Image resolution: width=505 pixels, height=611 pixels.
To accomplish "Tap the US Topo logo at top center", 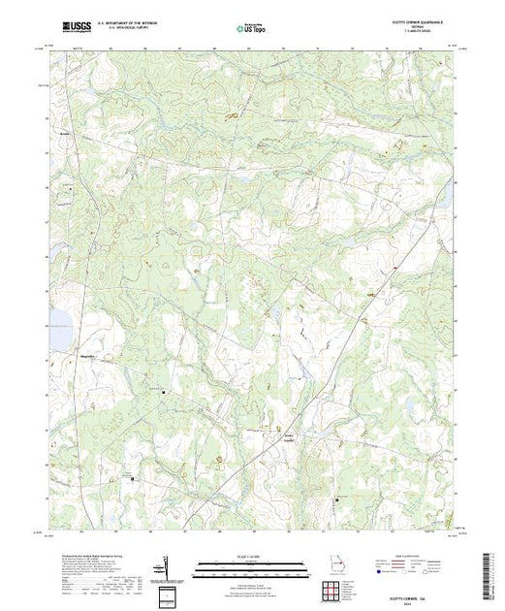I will [252, 28].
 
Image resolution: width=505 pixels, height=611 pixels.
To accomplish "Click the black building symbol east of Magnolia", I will [164, 392].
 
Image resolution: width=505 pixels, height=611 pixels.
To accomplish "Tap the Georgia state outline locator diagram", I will [335, 565].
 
